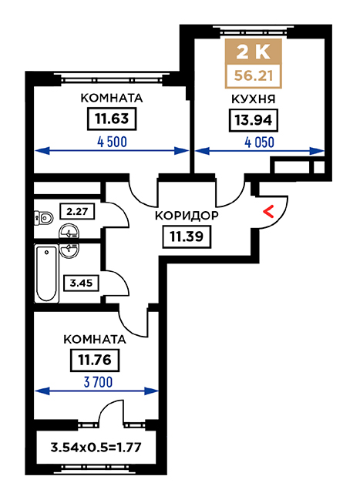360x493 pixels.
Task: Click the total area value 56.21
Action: (x=253, y=76)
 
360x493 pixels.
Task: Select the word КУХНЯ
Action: (x=254, y=99)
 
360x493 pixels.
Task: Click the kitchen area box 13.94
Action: (x=254, y=120)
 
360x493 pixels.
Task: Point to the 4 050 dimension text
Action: (x=259, y=143)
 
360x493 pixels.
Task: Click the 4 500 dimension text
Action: (x=113, y=142)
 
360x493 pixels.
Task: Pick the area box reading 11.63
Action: (x=112, y=119)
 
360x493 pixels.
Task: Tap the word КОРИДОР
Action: (x=187, y=216)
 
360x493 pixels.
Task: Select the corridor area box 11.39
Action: (x=187, y=236)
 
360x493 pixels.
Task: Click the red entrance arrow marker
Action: (x=268, y=212)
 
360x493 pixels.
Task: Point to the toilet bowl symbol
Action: (x=43, y=217)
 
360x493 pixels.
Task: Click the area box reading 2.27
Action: (x=77, y=211)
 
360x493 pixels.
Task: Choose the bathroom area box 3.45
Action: (x=81, y=283)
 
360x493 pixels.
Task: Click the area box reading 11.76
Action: (x=95, y=360)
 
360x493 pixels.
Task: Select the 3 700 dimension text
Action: (x=98, y=383)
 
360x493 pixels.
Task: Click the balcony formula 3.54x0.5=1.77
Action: (x=96, y=447)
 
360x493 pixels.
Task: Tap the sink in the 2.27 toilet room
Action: (x=69, y=233)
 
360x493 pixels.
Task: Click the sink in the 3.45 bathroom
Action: (x=69, y=250)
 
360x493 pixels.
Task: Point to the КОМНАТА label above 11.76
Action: (x=95, y=340)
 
